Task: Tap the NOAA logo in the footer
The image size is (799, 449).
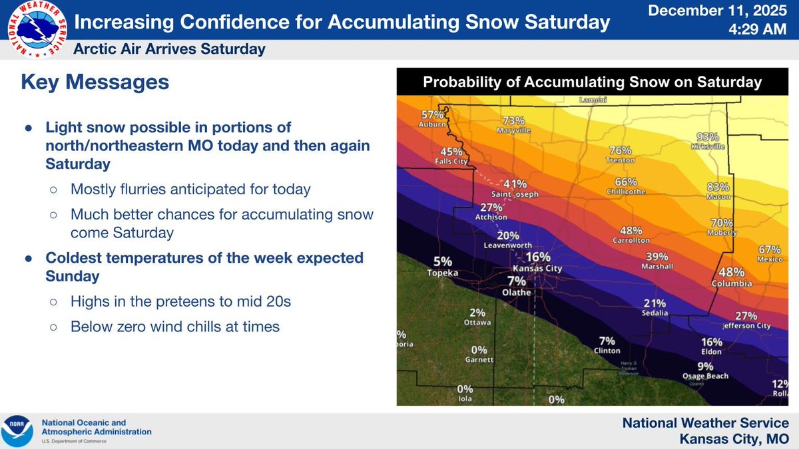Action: (x=18, y=431)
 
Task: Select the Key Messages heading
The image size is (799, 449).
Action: (x=95, y=82)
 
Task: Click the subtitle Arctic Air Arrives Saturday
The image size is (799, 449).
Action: (x=169, y=49)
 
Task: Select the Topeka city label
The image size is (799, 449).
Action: (x=443, y=273)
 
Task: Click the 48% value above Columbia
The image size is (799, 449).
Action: (x=732, y=272)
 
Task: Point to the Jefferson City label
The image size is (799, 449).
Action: (x=747, y=326)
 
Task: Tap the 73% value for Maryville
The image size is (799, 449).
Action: (x=513, y=121)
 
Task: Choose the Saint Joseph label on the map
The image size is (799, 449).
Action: (x=511, y=195)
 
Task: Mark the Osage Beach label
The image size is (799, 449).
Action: (x=705, y=376)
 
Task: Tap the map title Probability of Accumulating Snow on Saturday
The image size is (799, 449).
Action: (x=592, y=82)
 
